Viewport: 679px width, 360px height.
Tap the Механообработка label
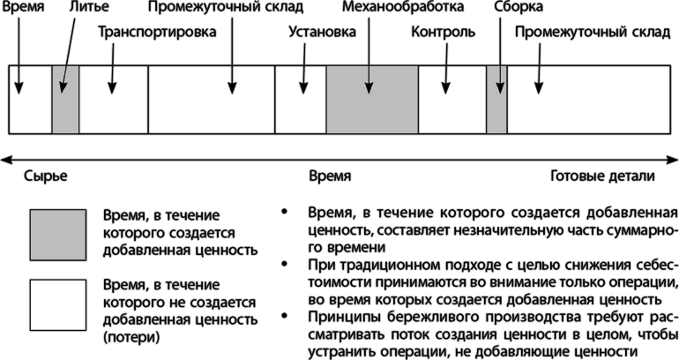pos(402,8)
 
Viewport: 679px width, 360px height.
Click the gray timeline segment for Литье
pos(65,99)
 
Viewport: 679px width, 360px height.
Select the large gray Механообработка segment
pos(371,99)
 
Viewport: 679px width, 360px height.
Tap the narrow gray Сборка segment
pos(496,99)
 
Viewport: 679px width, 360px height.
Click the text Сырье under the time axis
pos(46,176)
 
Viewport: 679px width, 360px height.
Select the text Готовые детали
pos(602,176)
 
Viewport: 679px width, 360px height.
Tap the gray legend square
pos(57,236)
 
